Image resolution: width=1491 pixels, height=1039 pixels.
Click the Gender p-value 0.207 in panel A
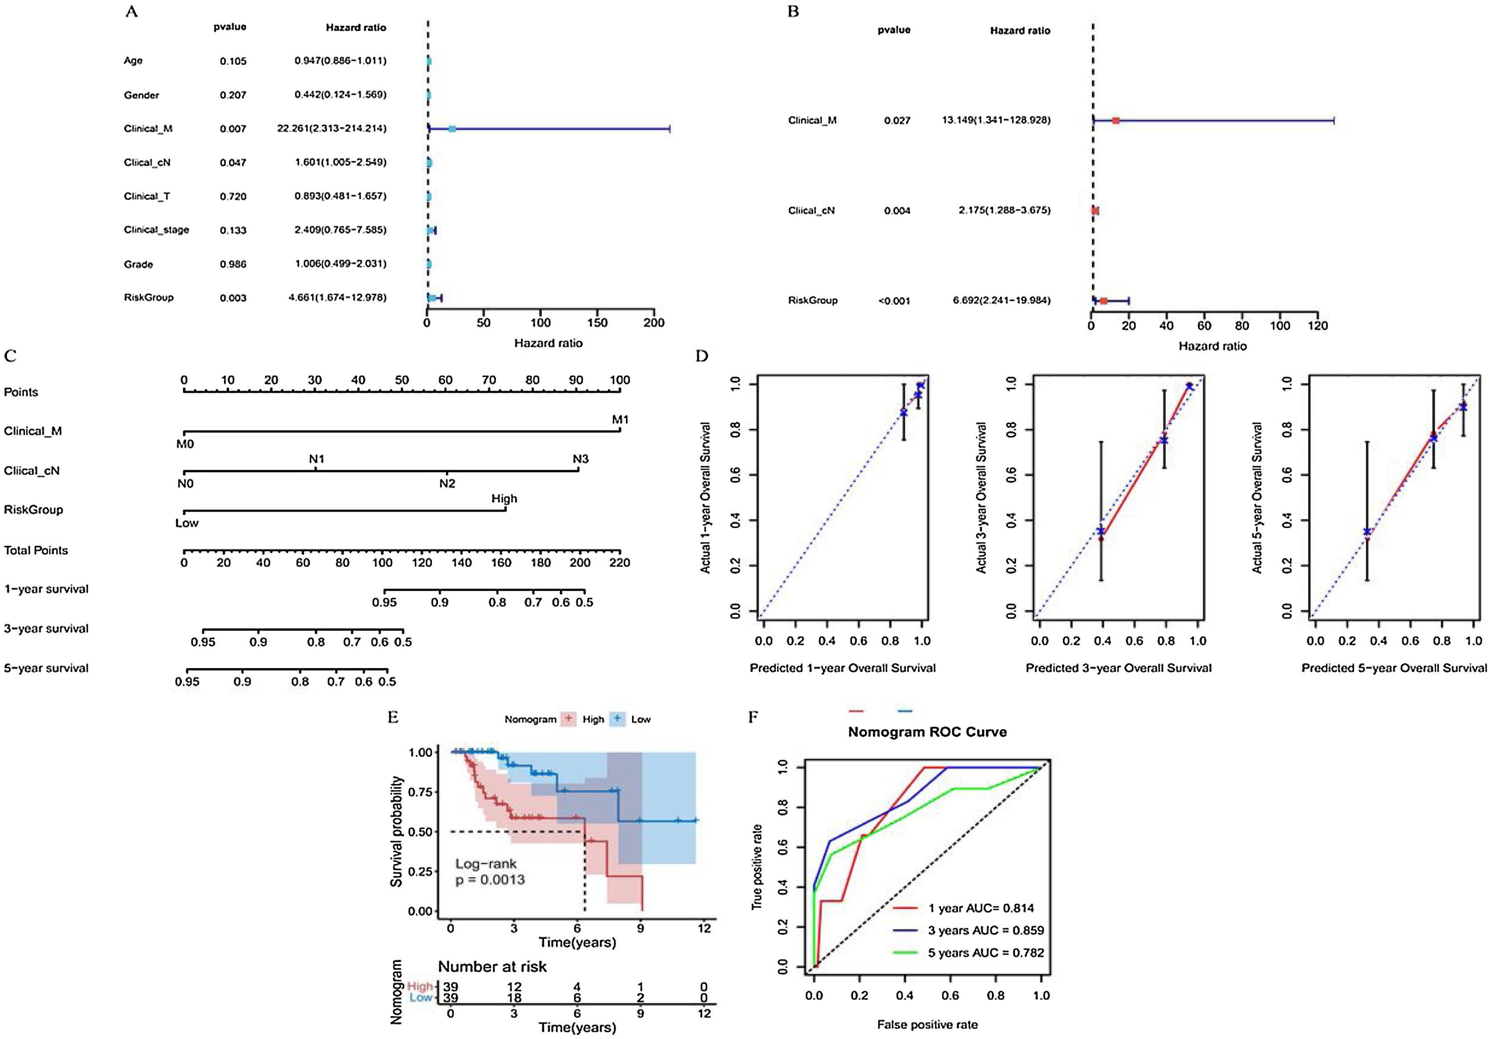[x=233, y=95]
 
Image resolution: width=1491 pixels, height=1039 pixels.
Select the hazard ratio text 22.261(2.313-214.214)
[x=331, y=129]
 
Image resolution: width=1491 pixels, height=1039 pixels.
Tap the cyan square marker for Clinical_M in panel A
[x=452, y=129]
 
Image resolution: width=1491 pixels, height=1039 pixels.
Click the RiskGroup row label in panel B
[x=812, y=300]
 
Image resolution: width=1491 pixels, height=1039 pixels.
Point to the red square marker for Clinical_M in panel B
[x=1116, y=120]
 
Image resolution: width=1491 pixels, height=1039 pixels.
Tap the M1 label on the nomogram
[x=620, y=420]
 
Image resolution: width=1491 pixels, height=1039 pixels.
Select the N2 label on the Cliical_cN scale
[x=447, y=484]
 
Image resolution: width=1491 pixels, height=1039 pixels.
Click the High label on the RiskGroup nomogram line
[x=504, y=498]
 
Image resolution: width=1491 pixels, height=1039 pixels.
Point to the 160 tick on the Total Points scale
[x=501, y=563]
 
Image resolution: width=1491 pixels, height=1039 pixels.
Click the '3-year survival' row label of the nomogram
[x=46, y=628]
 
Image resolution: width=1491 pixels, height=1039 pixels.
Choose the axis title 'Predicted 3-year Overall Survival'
[x=1118, y=668]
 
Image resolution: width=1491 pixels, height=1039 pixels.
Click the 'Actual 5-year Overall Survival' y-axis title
[x=1257, y=498]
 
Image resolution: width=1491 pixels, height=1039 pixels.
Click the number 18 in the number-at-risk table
[x=513, y=998]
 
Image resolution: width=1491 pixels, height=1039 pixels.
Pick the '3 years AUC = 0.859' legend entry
[x=985, y=931]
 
